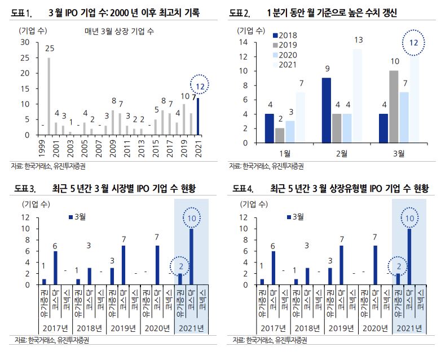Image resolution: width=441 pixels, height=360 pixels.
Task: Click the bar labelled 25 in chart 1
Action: (x=48, y=96)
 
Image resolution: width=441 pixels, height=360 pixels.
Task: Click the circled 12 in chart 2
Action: (x=414, y=43)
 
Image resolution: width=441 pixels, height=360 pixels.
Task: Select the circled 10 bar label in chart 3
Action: (x=191, y=217)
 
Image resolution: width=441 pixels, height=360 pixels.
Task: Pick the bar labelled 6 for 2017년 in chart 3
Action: (x=55, y=268)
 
